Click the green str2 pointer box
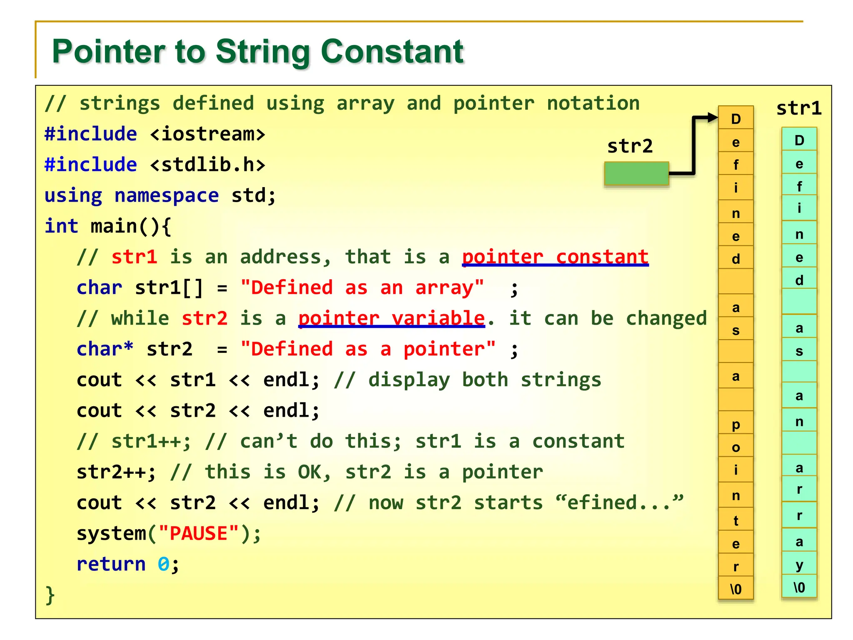[636, 173]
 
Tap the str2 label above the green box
[630, 146]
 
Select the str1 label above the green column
[799, 108]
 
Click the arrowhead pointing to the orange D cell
[712, 118]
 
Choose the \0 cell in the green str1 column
[799, 587]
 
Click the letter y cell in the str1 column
[799, 565]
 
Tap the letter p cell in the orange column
[736, 424]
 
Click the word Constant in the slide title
[392, 52]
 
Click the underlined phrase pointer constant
[555, 257]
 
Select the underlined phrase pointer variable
[392, 319]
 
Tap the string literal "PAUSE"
[199, 534]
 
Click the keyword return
[111, 565]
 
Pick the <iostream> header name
[207, 134]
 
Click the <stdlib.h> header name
[207, 165]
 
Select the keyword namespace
[167, 195]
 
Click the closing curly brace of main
[50, 595]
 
